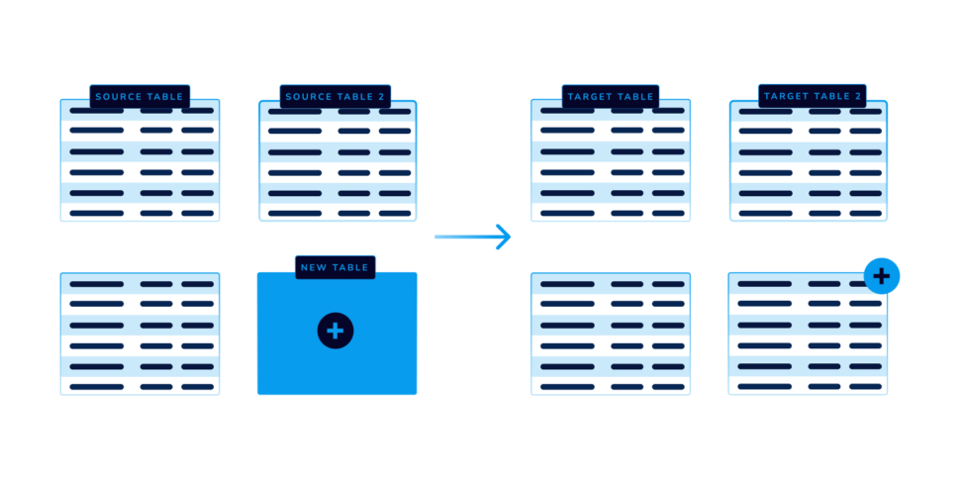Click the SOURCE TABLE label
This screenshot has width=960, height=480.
(140, 97)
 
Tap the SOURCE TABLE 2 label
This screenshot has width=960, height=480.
(335, 97)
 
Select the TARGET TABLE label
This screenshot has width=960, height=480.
(611, 97)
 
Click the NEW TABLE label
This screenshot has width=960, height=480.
(335, 267)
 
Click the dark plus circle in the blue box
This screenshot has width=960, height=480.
(336, 331)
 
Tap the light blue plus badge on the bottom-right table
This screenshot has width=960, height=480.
(882, 276)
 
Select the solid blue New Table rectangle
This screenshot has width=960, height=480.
(336, 334)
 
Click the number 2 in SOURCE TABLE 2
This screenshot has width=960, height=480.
(382, 97)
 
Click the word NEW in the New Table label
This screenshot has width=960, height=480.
(312, 267)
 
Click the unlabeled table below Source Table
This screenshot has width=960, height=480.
(140, 334)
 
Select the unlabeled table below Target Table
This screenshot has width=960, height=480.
(611, 334)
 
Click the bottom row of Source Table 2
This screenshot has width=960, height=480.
(337, 213)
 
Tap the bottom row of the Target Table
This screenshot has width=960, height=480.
(611, 213)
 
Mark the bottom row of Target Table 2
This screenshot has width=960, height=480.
(809, 213)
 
